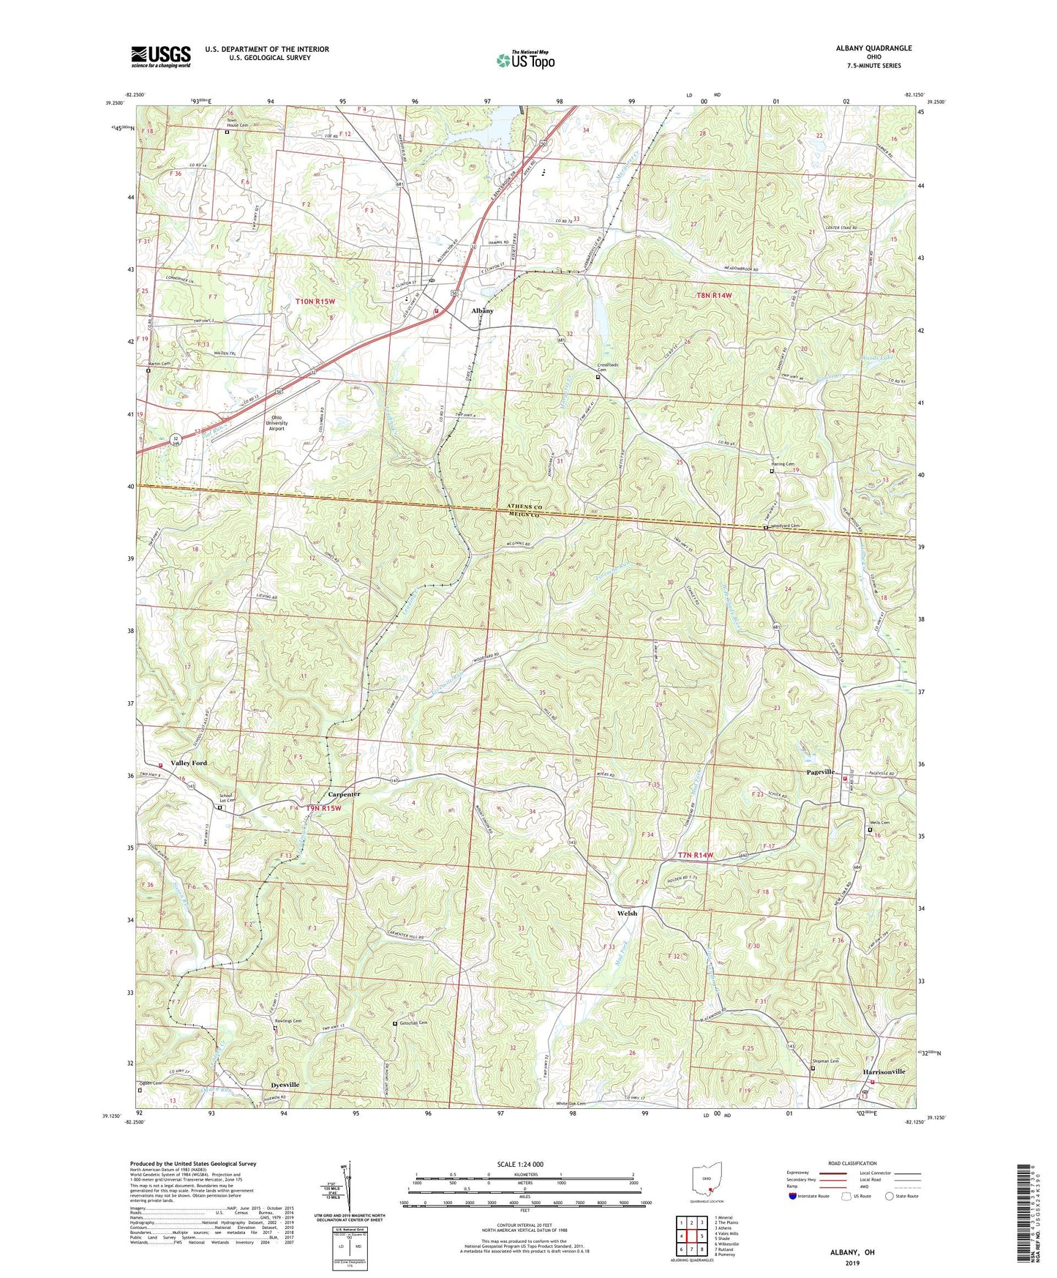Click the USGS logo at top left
click(160, 56)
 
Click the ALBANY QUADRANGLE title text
click(873, 48)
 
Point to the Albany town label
click(482, 311)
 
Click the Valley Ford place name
click(189, 763)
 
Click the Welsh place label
click(627, 913)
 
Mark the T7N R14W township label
click(695, 855)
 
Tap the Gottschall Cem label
click(413, 1023)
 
